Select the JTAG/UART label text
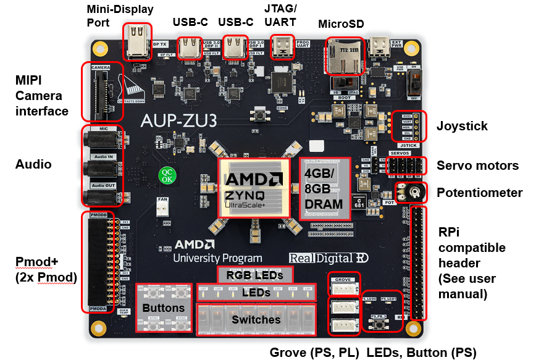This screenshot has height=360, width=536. [280, 15]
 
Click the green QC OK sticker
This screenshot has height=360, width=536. [167, 175]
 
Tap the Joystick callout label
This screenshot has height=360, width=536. [462, 126]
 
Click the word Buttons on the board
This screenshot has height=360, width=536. [163, 308]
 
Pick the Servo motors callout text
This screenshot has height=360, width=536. [478, 165]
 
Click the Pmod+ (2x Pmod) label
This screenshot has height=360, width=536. [46, 269]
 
